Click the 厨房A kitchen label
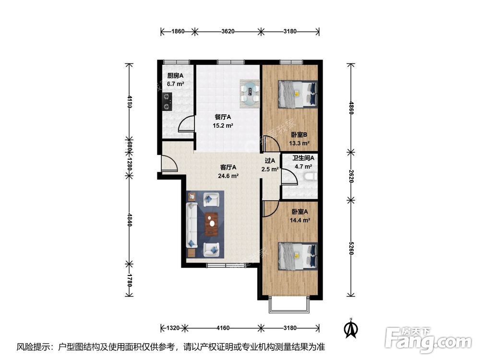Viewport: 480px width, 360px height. point(173,76)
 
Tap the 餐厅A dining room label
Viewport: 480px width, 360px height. point(223,117)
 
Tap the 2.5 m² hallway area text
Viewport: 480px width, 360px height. point(270,169)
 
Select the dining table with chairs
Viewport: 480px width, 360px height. point(250,92)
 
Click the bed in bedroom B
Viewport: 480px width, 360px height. point(297,94)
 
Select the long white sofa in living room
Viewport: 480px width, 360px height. point(192,225)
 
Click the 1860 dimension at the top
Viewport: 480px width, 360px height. point(178,32)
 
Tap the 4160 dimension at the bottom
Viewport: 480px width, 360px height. point(223,328)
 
